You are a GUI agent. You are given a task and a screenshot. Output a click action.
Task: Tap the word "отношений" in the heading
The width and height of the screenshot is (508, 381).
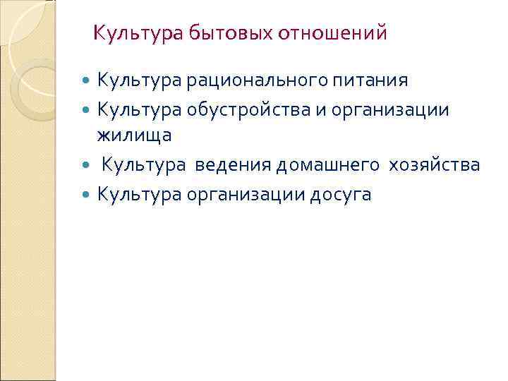point(333,32)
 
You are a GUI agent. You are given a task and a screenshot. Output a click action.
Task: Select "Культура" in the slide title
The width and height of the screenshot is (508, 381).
point(138,32)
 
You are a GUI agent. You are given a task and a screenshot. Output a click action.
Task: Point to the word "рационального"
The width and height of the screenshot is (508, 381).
point(255,80)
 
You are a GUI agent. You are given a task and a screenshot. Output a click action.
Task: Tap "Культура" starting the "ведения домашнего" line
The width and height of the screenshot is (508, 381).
point(144,164)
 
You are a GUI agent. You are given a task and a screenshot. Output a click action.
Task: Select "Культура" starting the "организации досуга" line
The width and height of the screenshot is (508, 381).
point(139,194)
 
